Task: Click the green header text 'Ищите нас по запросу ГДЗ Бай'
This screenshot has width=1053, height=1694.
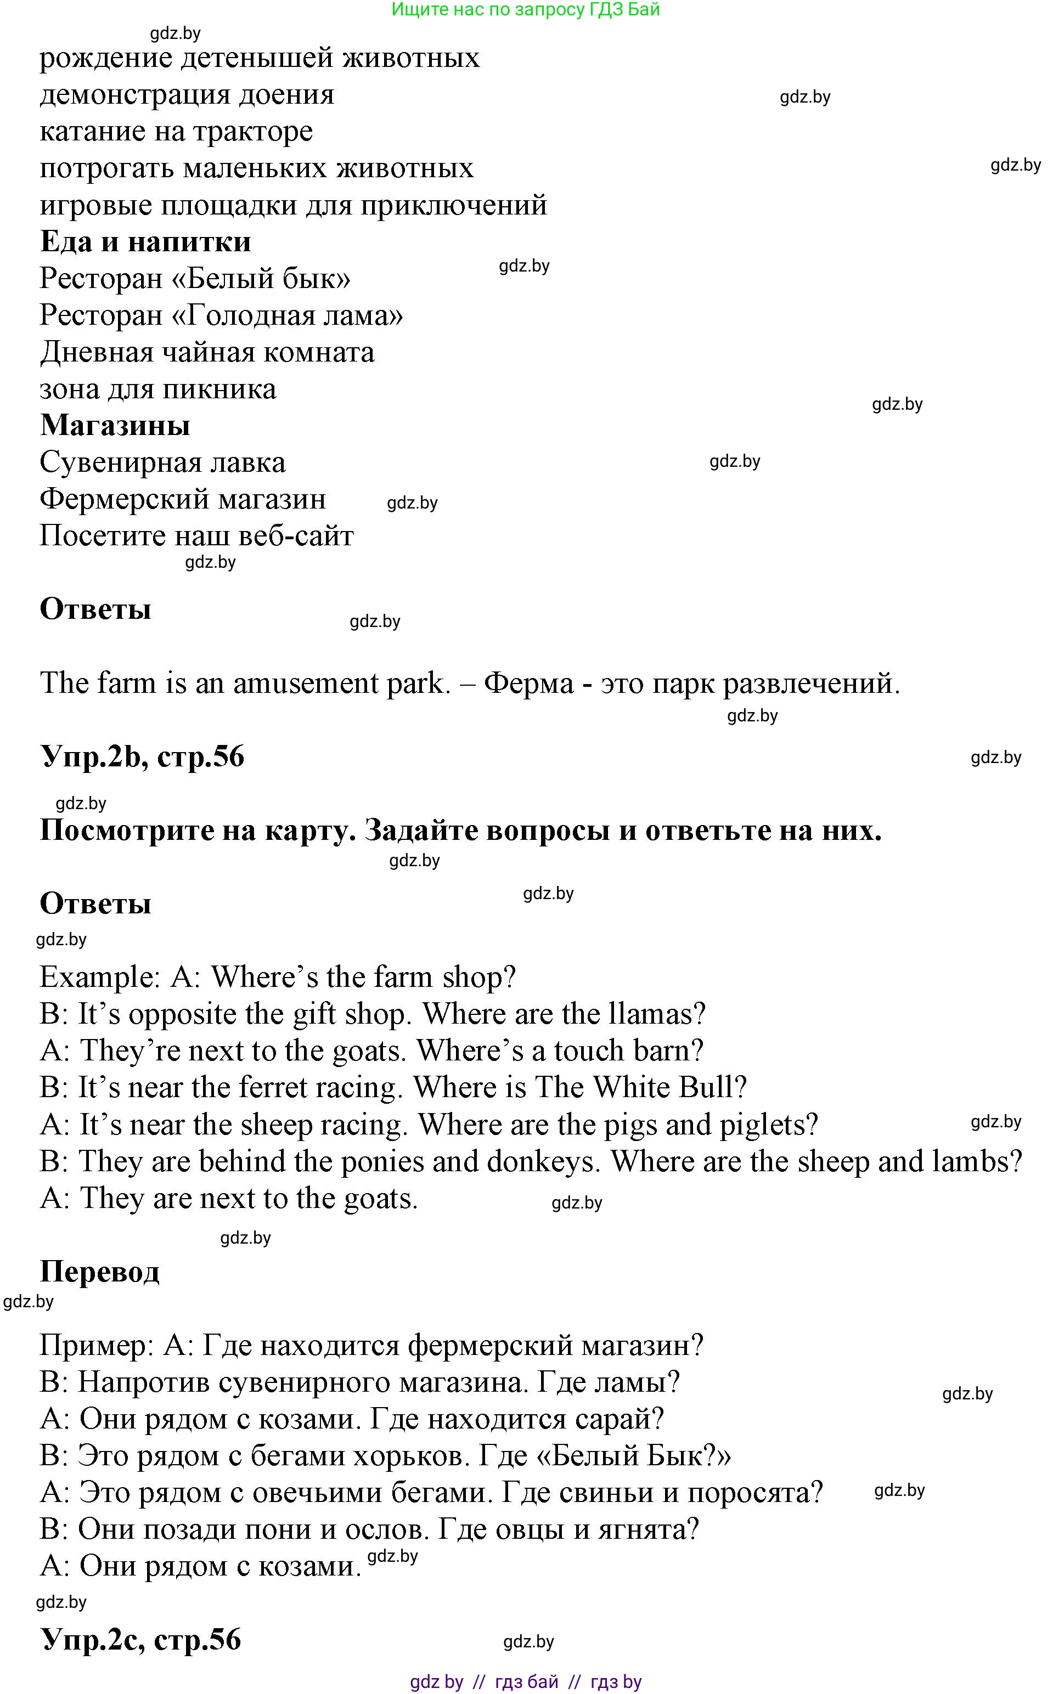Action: (525, 10)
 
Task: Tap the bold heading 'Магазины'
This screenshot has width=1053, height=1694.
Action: (115, 425)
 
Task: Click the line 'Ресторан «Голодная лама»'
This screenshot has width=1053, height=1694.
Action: (222, 315)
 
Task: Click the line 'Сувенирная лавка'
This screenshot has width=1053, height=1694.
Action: (162, 463)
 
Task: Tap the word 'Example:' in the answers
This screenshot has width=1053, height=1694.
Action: (100, 978)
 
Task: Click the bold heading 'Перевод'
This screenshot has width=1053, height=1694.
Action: (99, 1272)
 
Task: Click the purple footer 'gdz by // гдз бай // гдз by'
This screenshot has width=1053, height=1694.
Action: (525, 1682)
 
